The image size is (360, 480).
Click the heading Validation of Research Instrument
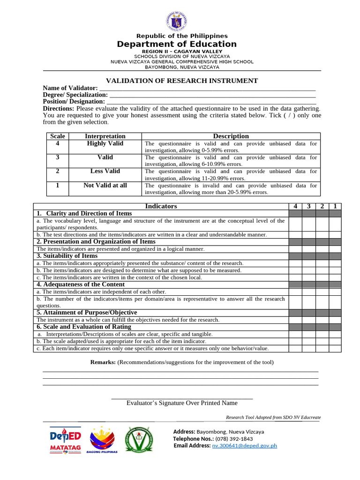click(x=182, y=81)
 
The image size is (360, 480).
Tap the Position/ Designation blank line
click(x=211, y=101)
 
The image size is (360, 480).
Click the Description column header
click(x=231, y=136)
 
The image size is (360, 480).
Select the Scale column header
click(x=57, y=136)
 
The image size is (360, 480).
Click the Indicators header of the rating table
click(x=161, y=206)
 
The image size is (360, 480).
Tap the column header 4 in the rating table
click(x=295, y=206)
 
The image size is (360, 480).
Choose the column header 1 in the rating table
click(x=335, y=206)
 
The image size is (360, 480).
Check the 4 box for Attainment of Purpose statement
click(x=295, y=320)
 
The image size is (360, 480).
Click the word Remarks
click(x=103, y=362)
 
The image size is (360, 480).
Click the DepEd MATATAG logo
click(x=65, y=440)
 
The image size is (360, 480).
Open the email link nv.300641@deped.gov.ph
click(x=244, y=445)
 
